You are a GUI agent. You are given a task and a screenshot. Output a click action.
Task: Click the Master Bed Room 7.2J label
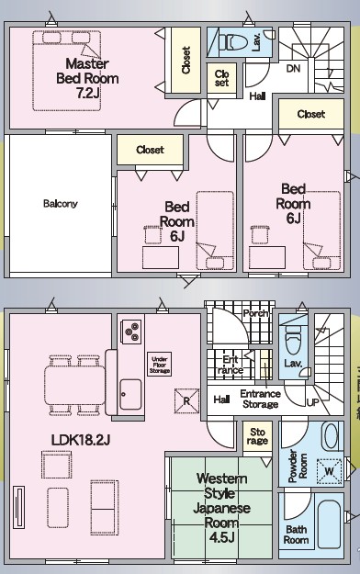click(87, 78)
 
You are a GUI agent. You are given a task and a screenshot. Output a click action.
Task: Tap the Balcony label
click(61, 204)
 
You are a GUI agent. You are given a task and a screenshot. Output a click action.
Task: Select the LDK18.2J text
click(81, 440)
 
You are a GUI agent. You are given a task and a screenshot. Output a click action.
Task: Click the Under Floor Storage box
click(160, 365)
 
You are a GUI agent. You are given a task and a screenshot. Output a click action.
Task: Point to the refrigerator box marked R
click(186, 400)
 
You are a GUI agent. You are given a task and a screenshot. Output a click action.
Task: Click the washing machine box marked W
click(329, 471)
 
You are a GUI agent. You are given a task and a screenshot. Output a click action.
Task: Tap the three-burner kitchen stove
click(131, 332)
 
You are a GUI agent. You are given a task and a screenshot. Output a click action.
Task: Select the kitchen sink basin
click(130, 394)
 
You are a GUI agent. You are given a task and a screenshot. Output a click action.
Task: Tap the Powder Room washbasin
click(332, 436)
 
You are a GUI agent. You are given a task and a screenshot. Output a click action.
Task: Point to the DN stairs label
click(293, 69)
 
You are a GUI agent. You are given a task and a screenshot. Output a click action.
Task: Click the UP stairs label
click(313, 402)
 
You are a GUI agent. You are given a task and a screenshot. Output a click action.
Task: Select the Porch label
click(255, 313)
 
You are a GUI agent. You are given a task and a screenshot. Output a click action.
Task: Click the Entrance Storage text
click(261, 399)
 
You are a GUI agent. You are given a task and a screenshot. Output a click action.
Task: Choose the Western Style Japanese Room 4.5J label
click(221, 508)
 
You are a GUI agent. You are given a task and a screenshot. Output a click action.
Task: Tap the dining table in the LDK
click(75, 385)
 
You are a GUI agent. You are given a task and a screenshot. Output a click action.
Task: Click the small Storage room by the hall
click(257, 436)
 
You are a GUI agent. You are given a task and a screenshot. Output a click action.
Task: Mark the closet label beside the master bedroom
click(186, 61)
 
